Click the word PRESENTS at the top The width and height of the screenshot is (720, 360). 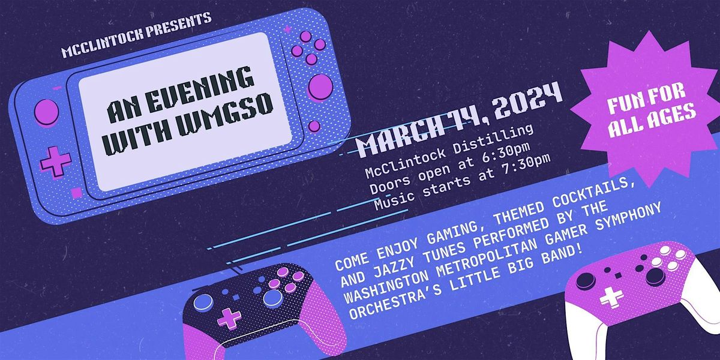click(x=179, y=25)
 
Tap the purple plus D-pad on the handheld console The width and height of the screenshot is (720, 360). click(x=55, y=161)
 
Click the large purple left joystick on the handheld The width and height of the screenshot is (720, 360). click(x=46, y=112)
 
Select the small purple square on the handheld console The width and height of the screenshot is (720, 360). click(x=76, y=193)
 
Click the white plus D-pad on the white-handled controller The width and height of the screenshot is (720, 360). click(x=611, y=296)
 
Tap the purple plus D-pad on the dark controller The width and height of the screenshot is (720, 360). click(x=229, y=318)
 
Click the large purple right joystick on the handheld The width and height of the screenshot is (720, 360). click(x=320, y=86)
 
